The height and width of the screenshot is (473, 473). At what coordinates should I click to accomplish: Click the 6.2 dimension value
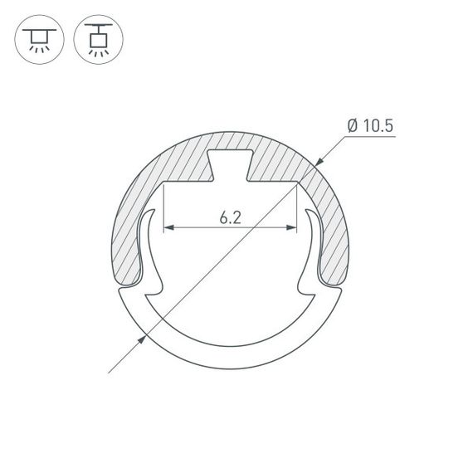pos(231,217)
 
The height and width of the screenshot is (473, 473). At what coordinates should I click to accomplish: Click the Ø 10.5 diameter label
pos(370,126)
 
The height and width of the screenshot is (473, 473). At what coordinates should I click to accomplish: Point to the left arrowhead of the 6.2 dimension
pos(168,227)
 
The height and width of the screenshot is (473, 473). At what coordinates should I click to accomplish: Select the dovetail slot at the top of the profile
pos(230,164)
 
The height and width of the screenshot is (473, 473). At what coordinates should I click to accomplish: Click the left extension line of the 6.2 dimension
pos(164,207)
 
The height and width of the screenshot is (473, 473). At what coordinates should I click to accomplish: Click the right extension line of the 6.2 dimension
pos(297,207)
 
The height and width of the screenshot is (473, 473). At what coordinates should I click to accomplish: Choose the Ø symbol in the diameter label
pos(353,126)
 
